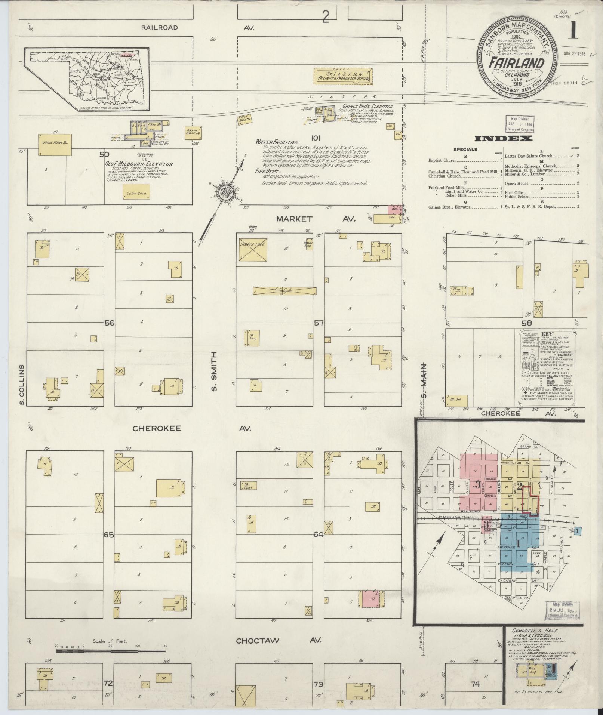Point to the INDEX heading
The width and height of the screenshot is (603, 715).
(503, 139)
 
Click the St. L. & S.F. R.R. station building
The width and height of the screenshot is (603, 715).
(342, 75)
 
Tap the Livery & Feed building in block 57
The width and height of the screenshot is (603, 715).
(253, 250)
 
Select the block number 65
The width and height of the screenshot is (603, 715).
(109, 535)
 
